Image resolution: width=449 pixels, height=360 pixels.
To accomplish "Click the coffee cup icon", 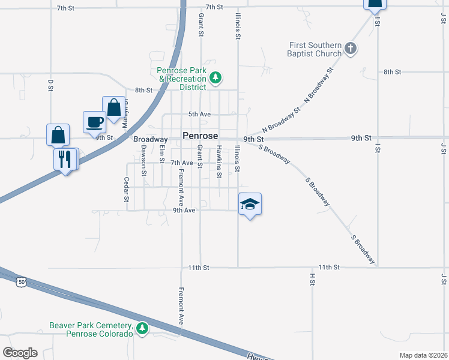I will tap(94, 122).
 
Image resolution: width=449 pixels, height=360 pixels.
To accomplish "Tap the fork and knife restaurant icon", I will tap(65, 159).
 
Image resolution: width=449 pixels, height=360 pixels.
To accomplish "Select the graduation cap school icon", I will tap(250, 205).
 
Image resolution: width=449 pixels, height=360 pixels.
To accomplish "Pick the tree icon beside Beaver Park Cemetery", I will tap(142, 329).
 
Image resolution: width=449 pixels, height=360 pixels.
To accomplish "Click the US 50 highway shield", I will tap(22, 281).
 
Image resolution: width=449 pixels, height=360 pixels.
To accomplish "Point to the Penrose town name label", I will tap(200, 136).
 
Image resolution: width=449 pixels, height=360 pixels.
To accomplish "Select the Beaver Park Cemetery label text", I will tap(91, 329).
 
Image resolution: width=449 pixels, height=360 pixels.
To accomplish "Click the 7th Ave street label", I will tap(182, 163).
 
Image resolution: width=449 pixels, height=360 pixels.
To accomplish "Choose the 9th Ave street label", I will tap(184, 211).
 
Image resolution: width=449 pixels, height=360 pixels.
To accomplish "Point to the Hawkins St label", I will tap(220, 160).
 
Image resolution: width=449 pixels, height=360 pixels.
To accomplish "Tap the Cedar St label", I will tap(127, 190).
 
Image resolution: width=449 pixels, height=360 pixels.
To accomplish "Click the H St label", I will tap(312, 279).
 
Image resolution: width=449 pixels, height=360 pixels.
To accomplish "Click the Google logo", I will tap(20, 352).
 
